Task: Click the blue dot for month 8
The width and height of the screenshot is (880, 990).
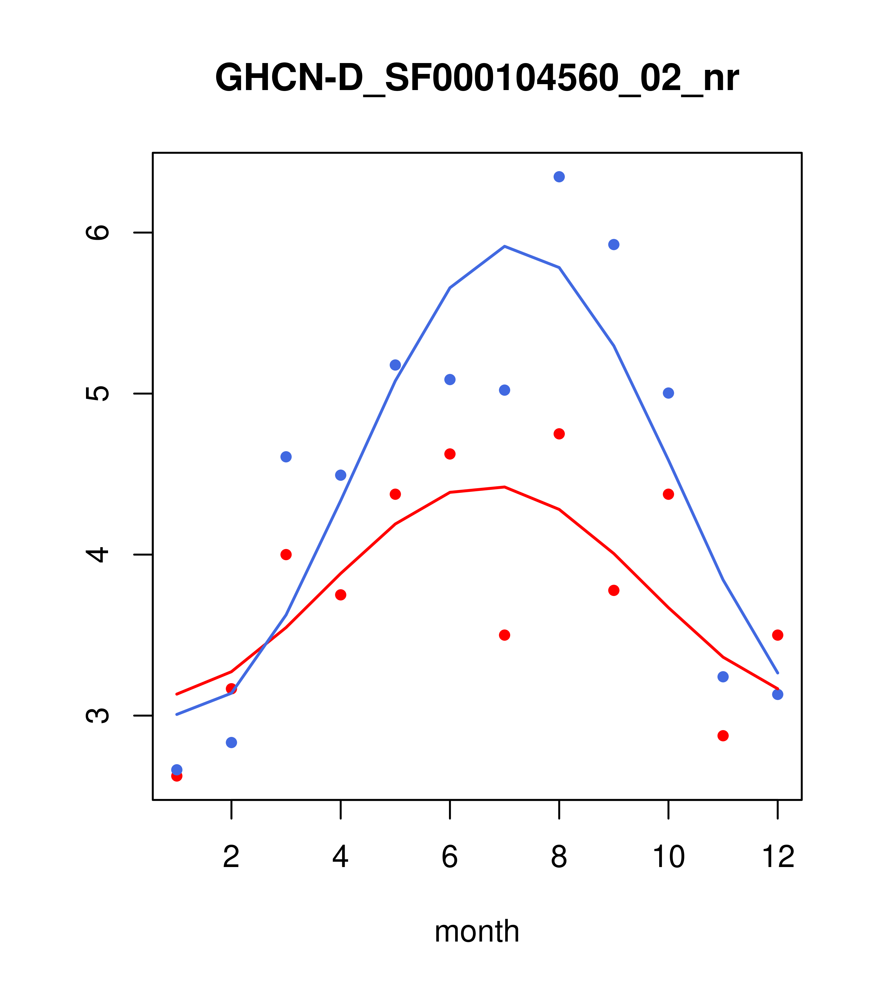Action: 559,177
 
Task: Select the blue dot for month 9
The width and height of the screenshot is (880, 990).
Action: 614,245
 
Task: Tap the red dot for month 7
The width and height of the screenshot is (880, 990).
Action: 505,635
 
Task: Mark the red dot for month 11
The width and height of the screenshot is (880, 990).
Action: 723,736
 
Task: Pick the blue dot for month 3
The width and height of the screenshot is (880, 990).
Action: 286,457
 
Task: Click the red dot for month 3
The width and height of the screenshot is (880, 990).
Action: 286,555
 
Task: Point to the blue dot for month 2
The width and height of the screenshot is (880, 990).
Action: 232,742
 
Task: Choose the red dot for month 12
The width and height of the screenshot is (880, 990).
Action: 778,635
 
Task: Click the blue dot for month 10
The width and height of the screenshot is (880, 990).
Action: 668,393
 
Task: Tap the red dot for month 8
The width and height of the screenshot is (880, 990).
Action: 559,434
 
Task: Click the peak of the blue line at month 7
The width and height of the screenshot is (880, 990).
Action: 505,247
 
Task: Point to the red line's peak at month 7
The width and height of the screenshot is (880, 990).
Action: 505,487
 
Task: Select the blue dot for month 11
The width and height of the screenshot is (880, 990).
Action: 723,677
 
